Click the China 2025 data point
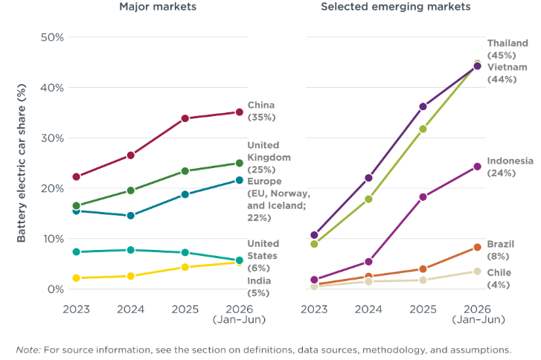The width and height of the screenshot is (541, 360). click(185, 118)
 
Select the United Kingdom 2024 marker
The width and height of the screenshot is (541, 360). click(130, 190)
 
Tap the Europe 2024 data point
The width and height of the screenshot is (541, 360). click(130, 216)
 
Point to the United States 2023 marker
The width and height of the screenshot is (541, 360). click(76, 251)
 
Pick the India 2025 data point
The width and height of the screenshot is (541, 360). click(185, 267)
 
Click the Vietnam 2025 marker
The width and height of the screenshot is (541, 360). click(423, 106)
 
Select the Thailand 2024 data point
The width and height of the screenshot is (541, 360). click(368, 199)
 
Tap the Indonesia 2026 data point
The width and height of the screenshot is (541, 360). click(477, 167)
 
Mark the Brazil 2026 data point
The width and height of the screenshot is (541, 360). click(477, 247)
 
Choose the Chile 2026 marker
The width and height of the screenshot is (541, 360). click(477, 271)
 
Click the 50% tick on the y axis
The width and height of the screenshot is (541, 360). click(52, 37)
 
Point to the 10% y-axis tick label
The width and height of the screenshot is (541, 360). click(53, 239)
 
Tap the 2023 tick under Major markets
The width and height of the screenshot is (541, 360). click(76, 309)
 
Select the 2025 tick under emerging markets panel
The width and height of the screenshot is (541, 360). click(423, 309)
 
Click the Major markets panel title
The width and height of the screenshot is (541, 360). click(158, 7)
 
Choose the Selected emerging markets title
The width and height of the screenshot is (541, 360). click(396, 7)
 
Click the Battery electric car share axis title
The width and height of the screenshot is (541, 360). click(22, 163)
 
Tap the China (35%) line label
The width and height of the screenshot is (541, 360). click(261, 111)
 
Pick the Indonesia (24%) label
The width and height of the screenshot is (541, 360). click(510, 167)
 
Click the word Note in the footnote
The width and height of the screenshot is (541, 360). click(28, 350)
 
